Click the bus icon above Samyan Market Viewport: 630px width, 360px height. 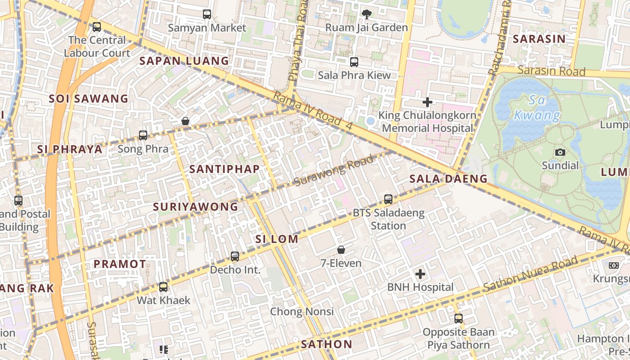[207, 14]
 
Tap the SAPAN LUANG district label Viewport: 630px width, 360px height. [184, 61]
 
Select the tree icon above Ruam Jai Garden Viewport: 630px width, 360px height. [367, 14]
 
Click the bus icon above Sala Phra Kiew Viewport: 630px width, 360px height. [354, 62]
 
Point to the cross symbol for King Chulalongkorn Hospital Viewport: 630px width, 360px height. [427, 102]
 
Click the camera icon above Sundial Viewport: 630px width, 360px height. [560, 153]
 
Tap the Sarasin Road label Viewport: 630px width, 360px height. [551, 71]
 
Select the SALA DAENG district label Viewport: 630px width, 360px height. [448, 179]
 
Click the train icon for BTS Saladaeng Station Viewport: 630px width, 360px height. [388, 199]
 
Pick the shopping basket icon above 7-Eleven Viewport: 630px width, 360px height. [341, 250]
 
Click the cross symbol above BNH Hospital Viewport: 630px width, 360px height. [420, 274]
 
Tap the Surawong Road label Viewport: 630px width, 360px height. [333, 171]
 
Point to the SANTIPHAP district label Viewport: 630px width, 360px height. [224, 169]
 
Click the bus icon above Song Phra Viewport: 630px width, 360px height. [143, 135]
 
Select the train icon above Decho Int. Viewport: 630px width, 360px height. [235, 256]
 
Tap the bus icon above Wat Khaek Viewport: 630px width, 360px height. [163, 287]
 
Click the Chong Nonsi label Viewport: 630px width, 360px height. [302, 311]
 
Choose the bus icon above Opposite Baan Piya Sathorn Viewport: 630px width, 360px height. [459, 319]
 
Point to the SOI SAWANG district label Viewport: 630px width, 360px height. [89, 99]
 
